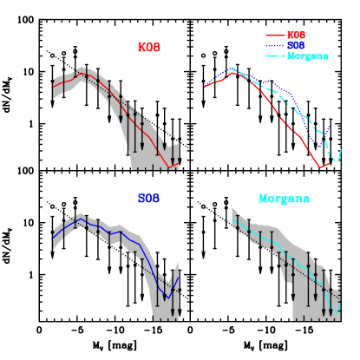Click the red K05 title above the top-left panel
148,48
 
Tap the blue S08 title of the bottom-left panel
148,199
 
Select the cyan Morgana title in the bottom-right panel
284,199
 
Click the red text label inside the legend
296,35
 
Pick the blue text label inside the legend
296,45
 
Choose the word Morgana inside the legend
307,56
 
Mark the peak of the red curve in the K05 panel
82,74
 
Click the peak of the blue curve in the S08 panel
81,221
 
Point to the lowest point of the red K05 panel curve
168,167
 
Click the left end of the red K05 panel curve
53,86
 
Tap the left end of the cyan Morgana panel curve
233,220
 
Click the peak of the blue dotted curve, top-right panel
232,68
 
